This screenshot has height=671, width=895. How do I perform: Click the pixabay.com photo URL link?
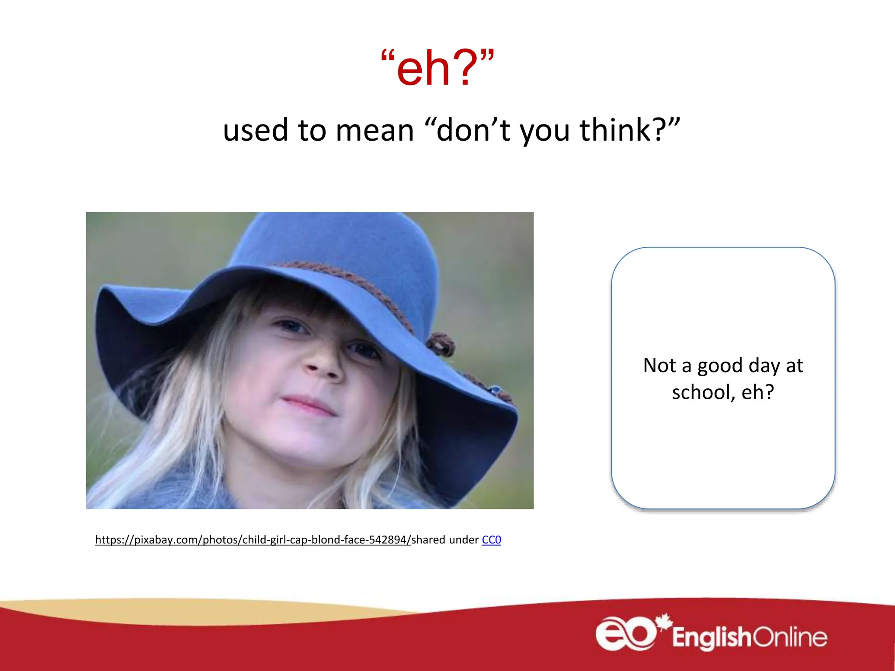pyautogui.click(x=253, y=540)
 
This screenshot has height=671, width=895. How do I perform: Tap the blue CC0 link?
pyautogui.click(x=491, y=540)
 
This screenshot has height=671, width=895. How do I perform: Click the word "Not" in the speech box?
pyautogui.click(x=659, y=366)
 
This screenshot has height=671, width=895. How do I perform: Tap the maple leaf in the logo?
pyautogui.click(x=665, y=622)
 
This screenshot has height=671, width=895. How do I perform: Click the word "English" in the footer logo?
pyautogui.click(x=711, y=637)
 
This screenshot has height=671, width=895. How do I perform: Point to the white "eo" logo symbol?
pyautogui.click(x=626, y=634)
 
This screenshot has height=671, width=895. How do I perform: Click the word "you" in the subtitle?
pyautogui.click(x=545, y=131)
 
